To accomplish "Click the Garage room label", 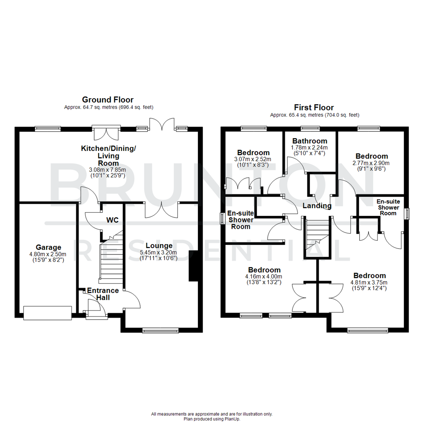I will click(48, 247).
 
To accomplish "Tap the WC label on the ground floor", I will click(113, 220).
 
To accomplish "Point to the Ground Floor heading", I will click(108, 100).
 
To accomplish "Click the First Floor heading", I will click(314, 108).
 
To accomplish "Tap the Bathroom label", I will click(310, 141).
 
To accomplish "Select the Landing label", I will click(317, 206).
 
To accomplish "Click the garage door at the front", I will click(48, 313).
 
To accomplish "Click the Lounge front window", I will click(161, 331).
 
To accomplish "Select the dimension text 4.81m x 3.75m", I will click(369, 282).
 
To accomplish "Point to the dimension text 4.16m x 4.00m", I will click(264, 276).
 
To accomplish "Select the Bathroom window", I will click(310, 128).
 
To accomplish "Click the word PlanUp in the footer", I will click(232, 419).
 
